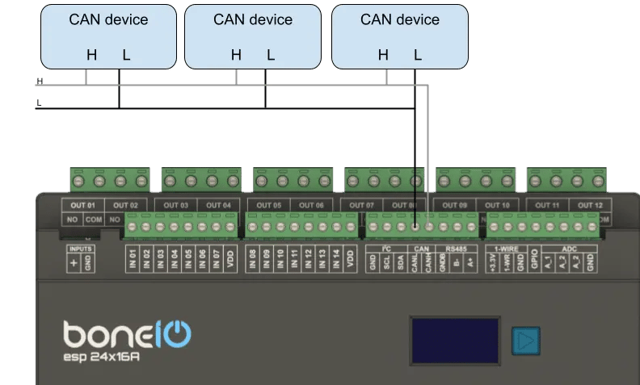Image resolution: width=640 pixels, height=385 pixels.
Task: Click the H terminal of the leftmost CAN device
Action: pos(92,56)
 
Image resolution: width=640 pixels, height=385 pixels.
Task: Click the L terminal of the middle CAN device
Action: pos(271,56)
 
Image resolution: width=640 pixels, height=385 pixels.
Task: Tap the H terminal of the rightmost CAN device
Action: pos(383,56)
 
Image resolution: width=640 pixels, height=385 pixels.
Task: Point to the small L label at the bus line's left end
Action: pos(39,103)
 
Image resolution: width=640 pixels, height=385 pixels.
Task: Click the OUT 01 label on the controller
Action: pos(83,205)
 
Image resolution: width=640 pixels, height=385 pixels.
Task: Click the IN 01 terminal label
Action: pos(133,259)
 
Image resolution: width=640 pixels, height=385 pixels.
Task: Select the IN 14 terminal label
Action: pos(335,259)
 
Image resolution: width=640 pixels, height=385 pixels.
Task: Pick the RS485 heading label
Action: pos(456,249)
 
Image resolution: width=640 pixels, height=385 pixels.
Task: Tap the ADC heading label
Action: pos(569,249)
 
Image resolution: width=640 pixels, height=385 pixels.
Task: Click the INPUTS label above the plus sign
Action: pos(81,249)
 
